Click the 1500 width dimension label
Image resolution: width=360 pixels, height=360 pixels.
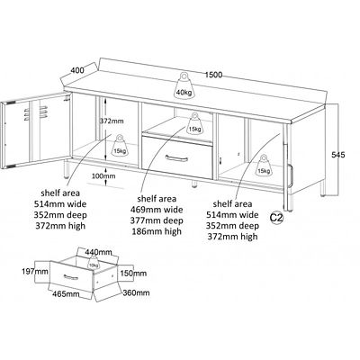pos(213,75)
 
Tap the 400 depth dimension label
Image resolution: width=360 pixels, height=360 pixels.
pos(77,70)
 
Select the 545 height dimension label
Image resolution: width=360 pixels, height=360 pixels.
pos(338,155)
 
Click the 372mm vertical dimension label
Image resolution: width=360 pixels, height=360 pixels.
pos(112,121)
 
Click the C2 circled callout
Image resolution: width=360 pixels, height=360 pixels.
pos(276,218)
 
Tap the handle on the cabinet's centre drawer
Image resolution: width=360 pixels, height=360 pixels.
pos(176,157)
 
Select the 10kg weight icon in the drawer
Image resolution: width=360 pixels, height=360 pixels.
pos(94,262)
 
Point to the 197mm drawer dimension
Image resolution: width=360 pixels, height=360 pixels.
pos(35,272)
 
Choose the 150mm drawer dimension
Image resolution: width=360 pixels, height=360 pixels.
pos(133,273)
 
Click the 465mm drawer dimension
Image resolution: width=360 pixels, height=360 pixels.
pos(66,294)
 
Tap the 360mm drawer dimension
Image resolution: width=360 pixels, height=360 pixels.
pos(136,292)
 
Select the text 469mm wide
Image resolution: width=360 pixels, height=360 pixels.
pos(157,210)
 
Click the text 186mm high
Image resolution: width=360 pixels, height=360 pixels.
pos(156,231)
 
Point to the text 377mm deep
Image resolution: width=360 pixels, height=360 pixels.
pos(157,220)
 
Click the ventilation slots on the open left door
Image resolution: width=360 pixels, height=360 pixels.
pos(27,115)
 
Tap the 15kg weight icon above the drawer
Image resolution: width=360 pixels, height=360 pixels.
pos(194,123)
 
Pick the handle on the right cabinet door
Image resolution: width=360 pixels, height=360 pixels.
pos(290,176)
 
